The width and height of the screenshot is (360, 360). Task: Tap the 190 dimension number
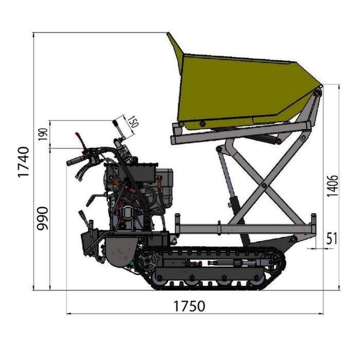[42, 134]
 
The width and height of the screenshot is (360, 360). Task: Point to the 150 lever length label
[132, 122]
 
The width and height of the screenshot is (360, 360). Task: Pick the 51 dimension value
[332, 239]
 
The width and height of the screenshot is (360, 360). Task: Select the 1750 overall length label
[188, 306]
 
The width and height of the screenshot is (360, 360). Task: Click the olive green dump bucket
[242, 90]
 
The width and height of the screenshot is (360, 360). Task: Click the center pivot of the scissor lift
[263, 185]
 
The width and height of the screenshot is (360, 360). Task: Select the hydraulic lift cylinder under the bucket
[228, 177]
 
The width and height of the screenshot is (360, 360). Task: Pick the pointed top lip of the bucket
[170, 36]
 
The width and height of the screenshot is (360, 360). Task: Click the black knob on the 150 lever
[115, 123]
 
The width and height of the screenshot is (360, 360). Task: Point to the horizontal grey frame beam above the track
[242, 228]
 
